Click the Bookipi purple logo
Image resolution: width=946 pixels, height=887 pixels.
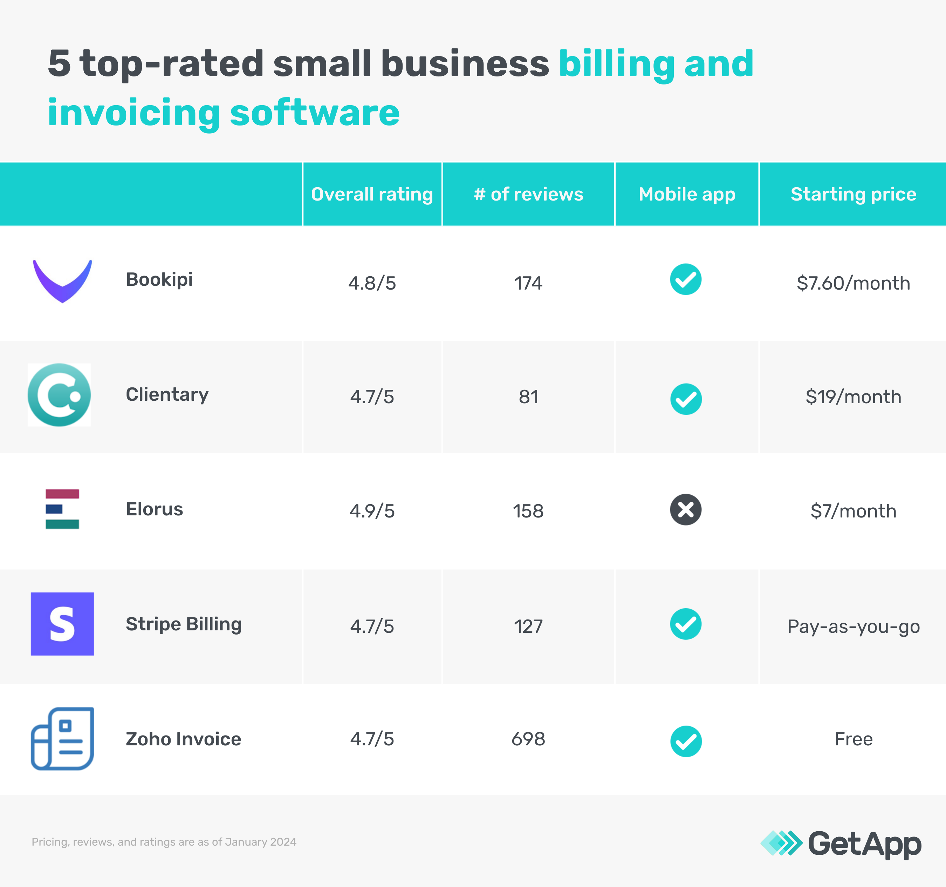pyautogui.click(x=62, y=281)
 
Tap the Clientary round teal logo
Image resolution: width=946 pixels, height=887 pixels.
pyautogui.click(x=59, y=395)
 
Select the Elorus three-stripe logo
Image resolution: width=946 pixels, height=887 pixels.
pyautogui.click(x=62, y=509)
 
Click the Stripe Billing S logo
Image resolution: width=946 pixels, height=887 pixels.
pyautogui.click(x=62, y=624)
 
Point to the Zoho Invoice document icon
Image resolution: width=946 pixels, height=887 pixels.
pyautogui.click(x=62, y=738)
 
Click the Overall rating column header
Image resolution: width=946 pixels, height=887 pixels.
pyautogui.click(x=372, y=194)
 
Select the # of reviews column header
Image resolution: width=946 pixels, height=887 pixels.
pyautogui.click(x=528, y=194)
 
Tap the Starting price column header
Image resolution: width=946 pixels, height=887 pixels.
pyautogui.click(x=853, y=194)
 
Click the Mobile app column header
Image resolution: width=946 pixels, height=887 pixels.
pyautogui.click(x=687, y=194)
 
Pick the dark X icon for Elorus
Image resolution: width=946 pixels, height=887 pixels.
pyautogui.click(x=686, y=510)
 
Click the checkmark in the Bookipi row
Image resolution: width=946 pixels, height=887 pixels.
pyautogui.click(x=686, y=279)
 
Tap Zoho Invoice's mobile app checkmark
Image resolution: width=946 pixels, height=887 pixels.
pyautogui.click(x=686, y=741)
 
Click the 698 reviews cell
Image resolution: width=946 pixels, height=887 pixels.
pyautogui.click(x=528, y=739)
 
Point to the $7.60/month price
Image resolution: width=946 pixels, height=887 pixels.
pyautogui.click(x=853, y=283)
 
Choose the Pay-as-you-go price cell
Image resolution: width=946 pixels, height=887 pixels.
pyautogui.click(x=853, y=627)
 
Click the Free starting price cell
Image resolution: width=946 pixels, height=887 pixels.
pyautogui.click(x=853, y=739)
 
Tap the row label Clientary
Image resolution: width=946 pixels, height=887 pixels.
pyautogui.click(x=167, y=395)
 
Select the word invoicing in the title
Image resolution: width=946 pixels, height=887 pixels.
pyautogui.click(x=134, y=113)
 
